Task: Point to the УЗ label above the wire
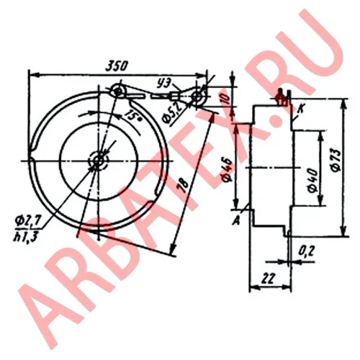[x=166, y=85]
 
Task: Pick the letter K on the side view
[x=302, y=107]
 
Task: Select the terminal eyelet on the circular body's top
[x=117, y=90]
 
